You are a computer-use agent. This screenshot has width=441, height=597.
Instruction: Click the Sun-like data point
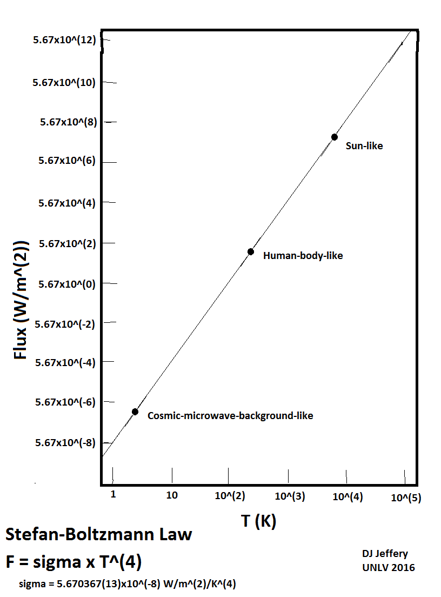click(335, 137)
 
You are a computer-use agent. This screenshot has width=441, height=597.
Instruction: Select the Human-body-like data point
click(251, 251)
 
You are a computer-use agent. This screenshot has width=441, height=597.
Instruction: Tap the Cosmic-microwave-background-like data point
click(135, 412)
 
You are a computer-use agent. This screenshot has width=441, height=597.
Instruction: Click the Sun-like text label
click(364, 146)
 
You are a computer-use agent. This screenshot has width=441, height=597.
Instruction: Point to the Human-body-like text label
click(303, 256)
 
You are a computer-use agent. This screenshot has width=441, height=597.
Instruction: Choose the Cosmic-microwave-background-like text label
click(230, 416)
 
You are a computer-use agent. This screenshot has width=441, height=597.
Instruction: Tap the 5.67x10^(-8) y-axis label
click(65, 443)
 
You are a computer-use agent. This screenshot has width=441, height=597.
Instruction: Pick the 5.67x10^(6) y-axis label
click(68, 162)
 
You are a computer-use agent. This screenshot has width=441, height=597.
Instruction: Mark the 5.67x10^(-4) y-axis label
click(65, 363)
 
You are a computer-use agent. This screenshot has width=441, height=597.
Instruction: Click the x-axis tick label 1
click(112, 494)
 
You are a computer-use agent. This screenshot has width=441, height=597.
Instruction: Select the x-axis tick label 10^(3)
click(290, 496)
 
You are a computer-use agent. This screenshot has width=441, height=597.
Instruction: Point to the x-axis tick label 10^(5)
click(406, 497)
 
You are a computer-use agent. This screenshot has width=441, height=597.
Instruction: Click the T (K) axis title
click(258, 521)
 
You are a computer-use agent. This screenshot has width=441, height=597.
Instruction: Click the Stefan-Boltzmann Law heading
click(98, 535)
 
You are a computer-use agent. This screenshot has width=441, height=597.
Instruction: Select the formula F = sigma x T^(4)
click(73, 562)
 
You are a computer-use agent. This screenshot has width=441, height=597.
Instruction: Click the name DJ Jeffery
click(385, 554)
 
